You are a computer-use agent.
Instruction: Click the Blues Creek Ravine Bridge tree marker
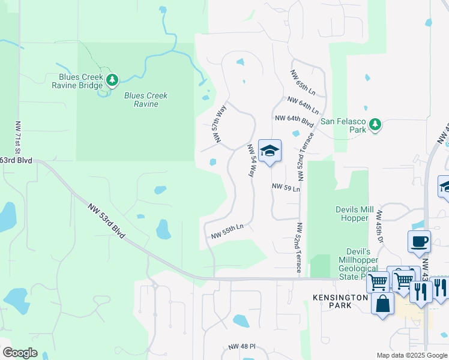pyautogui.click(x=112, y=80)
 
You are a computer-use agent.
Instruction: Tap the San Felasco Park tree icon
pyautogui.click(x=375, y=124)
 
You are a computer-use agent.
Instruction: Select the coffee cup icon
pyautogui.click(x=419, y=242)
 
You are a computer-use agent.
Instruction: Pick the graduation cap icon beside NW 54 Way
pyautogui.click(x=270, y=151)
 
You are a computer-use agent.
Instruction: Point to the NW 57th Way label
pyautogui.click(x=218, y=124)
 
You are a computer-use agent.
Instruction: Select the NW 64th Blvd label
pyautogui.click(x=294, y=119)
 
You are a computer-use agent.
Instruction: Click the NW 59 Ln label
pyautogui.click(x=285, y=187)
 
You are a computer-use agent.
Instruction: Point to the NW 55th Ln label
pyautogui.click(x=227, y=232)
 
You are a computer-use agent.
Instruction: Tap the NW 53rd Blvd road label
pyautogui.click(x=107, y=221)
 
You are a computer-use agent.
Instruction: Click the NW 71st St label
pyautogui.click(x=18, y=138)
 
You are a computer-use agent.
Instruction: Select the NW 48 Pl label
pyautogui.click(x=242, y=347)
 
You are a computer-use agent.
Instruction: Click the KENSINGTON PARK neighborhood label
pyautogui.click(x=340, y=302)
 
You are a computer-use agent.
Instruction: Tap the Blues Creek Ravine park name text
pyautogui.click(x=146, y=100)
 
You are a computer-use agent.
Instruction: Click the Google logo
pyautogui.click(x=20, y=353)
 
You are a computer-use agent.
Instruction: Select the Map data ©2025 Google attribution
pyautogui.click(x=411, y=355)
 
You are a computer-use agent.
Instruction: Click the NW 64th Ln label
pyautogui.click(x=303, y=105)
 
